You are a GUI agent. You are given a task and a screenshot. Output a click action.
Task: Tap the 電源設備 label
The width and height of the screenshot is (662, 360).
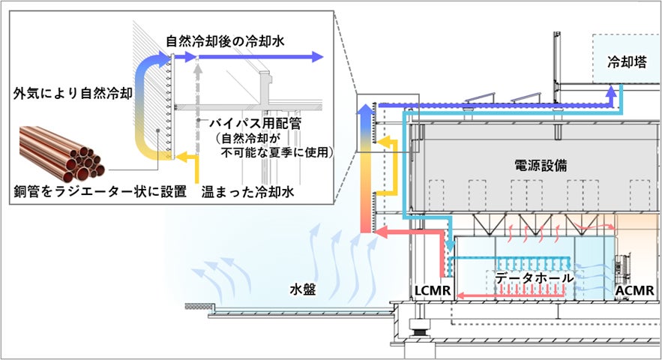(541, 166)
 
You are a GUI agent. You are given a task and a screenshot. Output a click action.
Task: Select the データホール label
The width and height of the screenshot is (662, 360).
(534, 278)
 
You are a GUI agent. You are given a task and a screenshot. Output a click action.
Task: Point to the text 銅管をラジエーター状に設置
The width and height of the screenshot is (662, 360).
(98, 192)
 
